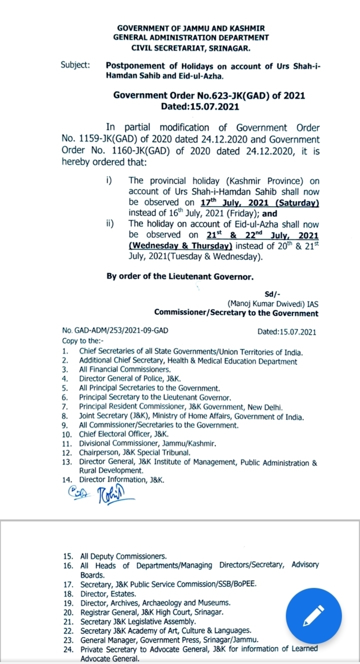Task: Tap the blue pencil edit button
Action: point(313,615)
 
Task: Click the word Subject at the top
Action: point(75,65)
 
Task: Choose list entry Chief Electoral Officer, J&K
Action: point(123,434)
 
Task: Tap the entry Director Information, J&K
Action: point(121,479)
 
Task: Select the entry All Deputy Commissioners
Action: point(123,556)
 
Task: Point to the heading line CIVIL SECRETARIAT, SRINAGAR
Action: point(190,48)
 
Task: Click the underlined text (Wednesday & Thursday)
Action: point(180,246)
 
